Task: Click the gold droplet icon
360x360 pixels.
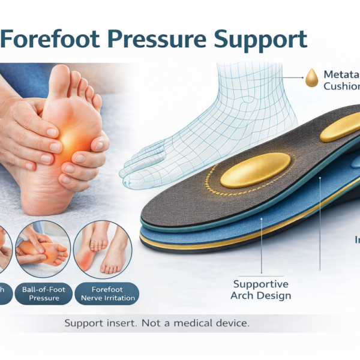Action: pos(311,77)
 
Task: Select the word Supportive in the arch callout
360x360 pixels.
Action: pos(261,284)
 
